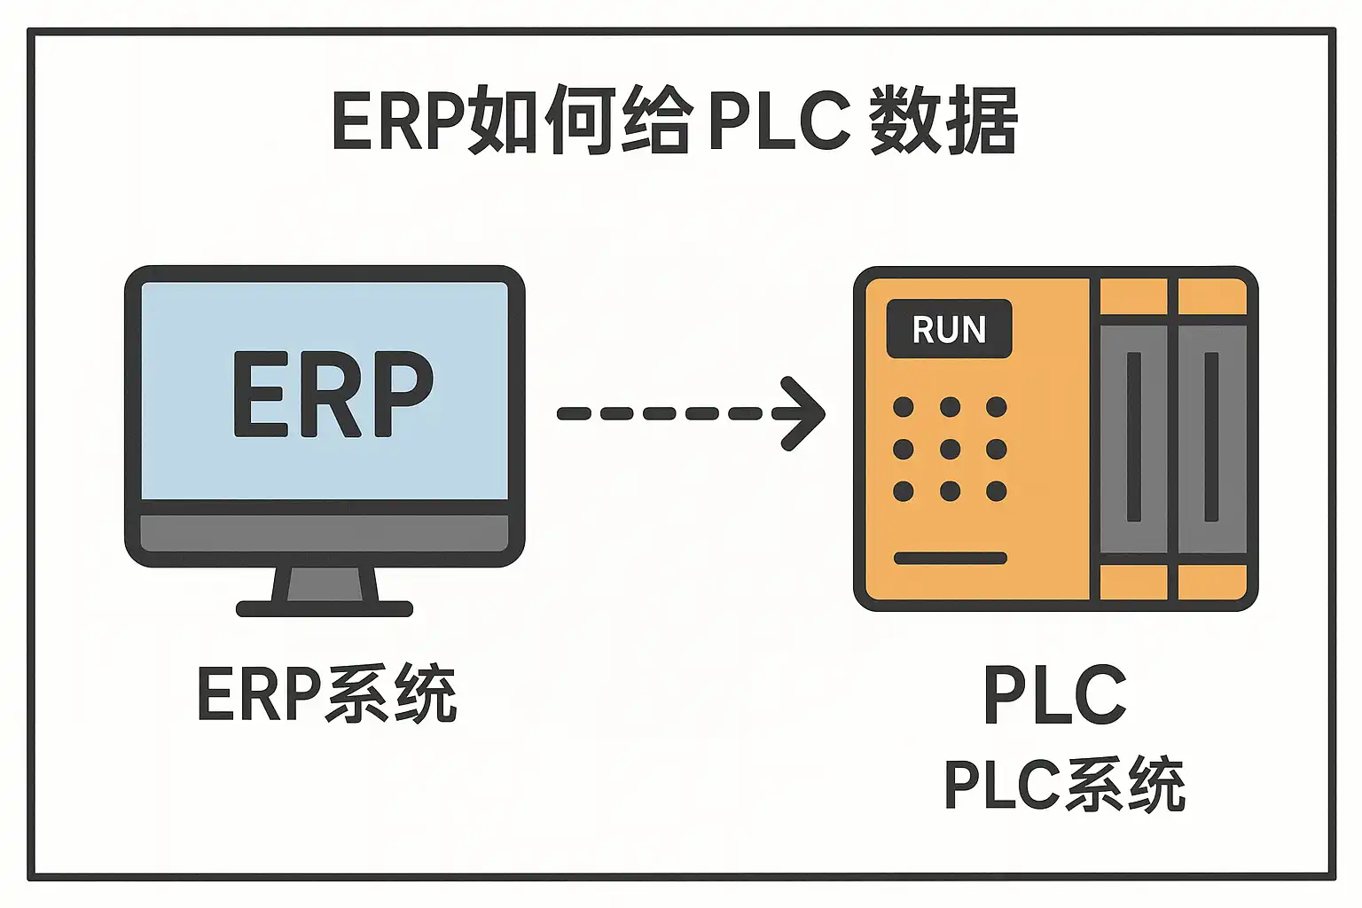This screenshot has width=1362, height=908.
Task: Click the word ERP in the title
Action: tap(398, 121)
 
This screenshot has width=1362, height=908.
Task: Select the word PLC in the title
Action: tap(779, 121)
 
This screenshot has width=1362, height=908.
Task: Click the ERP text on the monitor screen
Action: tap(333, 394)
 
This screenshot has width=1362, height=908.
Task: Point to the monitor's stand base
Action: tap(325, 608)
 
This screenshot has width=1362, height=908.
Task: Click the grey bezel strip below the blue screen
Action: tap(325, 532)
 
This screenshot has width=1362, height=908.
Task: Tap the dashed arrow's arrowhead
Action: tap(802, 413)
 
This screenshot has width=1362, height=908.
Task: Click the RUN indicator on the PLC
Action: tap(949, 330)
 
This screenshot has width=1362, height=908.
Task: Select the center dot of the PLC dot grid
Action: tap(950, 449)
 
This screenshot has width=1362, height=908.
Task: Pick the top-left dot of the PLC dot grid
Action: tap(904, 407)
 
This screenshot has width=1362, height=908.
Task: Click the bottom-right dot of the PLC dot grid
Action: tap(997, 490)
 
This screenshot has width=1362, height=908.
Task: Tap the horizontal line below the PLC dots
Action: tap(950, 558)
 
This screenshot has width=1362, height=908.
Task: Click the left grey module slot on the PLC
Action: tap(1133, 438)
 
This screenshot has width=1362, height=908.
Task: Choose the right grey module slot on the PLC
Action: tap(1211, 438)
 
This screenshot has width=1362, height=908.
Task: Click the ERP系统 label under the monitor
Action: tap(326, 694)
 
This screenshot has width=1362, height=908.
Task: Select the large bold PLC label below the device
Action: tap(1055, 695)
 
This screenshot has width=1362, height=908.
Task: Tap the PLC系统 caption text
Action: tap(1064, 785)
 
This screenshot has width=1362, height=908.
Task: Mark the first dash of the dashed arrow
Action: tap(573, 413)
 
